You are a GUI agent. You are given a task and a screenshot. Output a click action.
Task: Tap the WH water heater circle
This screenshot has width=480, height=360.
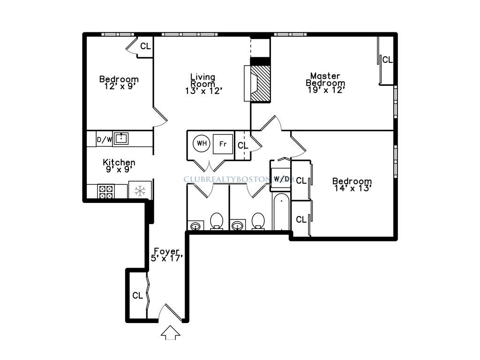pyautogui.click(x=202, y=143)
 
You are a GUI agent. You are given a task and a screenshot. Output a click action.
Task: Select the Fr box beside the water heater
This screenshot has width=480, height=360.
pyautogui.click(x=223, y=144)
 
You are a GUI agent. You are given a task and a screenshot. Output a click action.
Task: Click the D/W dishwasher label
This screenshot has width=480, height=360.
pyautogui.click(x=104, y=139)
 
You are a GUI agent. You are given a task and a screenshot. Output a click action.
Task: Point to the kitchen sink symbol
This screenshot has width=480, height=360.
pyautogui.click(x=121, y=138)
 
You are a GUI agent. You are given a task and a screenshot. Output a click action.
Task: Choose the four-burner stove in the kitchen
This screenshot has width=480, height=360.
pyautogui.click(x=106, y=191)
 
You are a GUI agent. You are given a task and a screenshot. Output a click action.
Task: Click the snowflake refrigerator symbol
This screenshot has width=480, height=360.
pyautogui.click(x=140, y=191)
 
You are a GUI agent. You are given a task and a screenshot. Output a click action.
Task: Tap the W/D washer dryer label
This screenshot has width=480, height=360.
pyautogui.click(x=281, y=179)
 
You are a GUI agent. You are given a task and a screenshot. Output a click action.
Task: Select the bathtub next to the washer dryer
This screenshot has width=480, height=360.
pyautogui.click(x=281, y=212)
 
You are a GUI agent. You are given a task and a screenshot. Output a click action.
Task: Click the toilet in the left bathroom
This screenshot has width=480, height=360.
pyautogui.click(x=216, y=221)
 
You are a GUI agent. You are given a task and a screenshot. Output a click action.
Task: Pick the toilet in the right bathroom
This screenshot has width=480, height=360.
pyautogui.click(x=258, y=221)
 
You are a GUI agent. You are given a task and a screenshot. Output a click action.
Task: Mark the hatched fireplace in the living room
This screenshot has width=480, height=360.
pyautogui.click(x=261, y=83)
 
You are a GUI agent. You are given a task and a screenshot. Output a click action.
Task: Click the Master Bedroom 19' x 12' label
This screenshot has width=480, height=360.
pyautogui.click(x=325, y=83)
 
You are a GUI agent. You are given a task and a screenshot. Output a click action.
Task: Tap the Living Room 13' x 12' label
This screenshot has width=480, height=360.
pyautogui.click(x=202, y=84)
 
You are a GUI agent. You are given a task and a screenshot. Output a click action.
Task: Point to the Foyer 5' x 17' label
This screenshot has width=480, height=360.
pyautogui.click(x=166, y=255)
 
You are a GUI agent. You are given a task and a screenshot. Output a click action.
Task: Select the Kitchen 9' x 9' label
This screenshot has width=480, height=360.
pyautogui.click(x=119, y=165)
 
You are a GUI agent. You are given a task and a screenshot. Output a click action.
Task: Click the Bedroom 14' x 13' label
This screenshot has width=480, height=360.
pyautogui.click(x=352, y=185)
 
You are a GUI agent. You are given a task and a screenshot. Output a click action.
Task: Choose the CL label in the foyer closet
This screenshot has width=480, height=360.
pyautogui.click(x=137, y=296)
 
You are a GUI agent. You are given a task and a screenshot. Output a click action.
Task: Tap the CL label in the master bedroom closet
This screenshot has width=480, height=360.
pyautogui.click(x=387, y=60)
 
